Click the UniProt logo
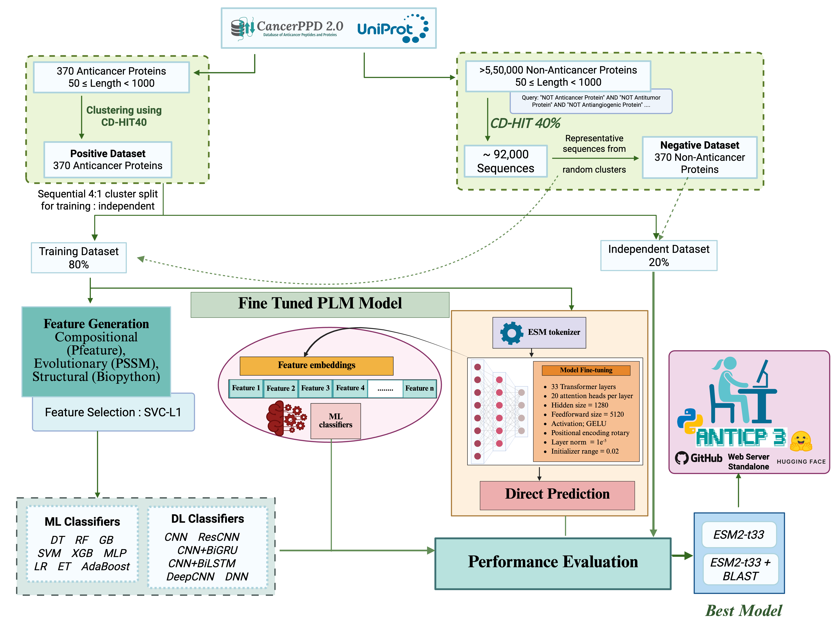coord(392,29)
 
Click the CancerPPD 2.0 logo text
coord(300,26)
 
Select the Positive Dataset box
coord(108,159)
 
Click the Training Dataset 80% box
coord(79,258)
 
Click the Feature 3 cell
coord(315,388)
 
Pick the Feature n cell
coord(419,388)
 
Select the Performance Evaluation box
coord(553,562)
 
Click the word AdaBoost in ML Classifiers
coord(106,567)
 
